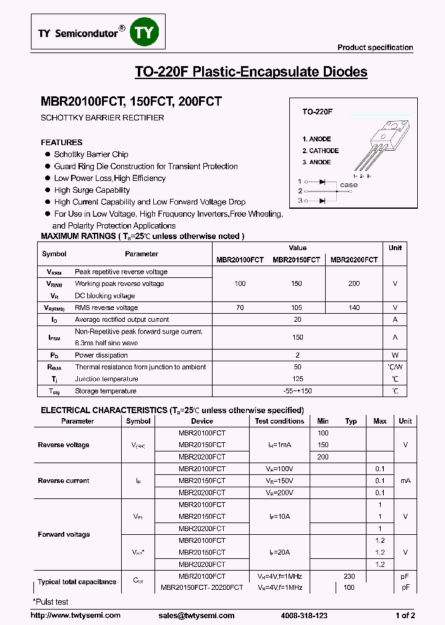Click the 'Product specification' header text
pos(375,48)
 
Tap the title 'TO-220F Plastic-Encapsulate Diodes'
pos(251,72)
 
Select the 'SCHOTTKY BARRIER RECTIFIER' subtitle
pos(103,117)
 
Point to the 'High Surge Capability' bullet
pos(92,190)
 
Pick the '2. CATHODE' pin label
pos(320,151)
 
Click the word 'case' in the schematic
pos(349,185)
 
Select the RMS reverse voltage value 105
pos(296,308)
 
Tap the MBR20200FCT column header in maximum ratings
pos(354,260)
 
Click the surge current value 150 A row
pos(297,337)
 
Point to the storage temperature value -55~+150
pos(297,391)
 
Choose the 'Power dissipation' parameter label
pos(101,355)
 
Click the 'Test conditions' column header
pos(279,421)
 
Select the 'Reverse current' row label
pos(64,480)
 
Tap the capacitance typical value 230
pos(349,576)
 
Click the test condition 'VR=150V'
pos(279,480)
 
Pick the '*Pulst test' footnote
pos(51,602)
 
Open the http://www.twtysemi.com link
pos(75,615)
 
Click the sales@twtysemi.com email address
pos(197,615)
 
